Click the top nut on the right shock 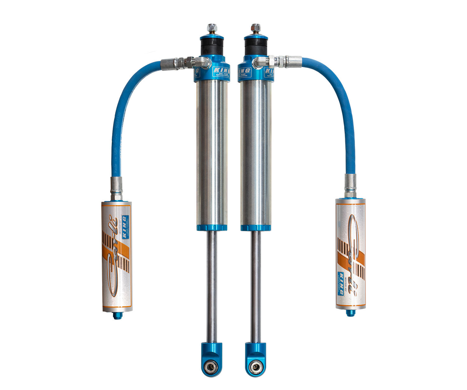[256, 28]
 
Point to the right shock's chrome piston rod [256, 286]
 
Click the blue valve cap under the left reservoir [117, 316]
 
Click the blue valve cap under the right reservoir [351, 313]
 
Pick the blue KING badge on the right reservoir [341, 283]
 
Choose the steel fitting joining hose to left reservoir [116, 188]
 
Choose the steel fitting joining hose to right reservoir [350, 185]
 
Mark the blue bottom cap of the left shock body [212, 228]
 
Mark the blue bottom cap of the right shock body [256, 228]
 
